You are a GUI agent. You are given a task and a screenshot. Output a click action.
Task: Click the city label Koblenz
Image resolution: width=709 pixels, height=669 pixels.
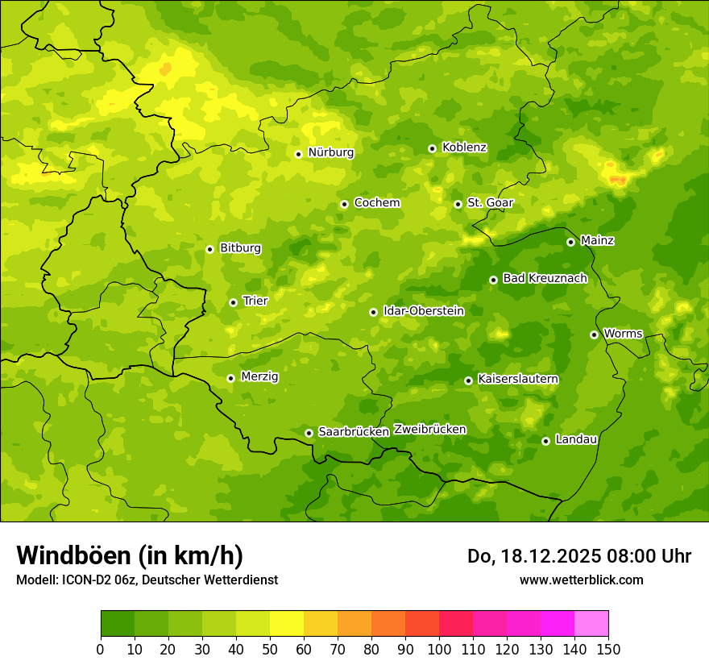[x=464, y=148]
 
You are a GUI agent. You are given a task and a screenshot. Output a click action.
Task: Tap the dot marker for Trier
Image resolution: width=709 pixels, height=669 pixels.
[x=233, y=302]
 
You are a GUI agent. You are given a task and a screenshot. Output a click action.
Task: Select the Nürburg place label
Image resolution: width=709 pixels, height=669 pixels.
[x=330, y=152]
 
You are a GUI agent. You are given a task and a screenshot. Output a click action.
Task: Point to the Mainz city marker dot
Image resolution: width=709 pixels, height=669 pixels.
[x=570, y=242]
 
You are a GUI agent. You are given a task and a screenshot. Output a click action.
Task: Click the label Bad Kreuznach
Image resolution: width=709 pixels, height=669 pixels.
[x=545, y=278]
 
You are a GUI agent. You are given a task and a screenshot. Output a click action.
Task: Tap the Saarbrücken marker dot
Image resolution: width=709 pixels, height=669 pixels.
[x=309, y=433]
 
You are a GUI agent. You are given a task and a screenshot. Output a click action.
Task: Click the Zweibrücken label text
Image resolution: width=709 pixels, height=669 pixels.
[x=429, y=430]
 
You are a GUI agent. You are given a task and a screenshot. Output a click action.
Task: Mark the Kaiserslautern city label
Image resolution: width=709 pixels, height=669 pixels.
[x=518, y=379]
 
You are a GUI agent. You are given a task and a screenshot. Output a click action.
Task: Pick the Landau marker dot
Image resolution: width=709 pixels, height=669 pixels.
[x=545, y=441]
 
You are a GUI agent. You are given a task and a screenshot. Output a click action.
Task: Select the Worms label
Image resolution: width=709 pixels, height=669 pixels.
[x=623, y=334]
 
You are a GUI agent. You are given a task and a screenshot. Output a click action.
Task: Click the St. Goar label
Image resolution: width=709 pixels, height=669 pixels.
[x=490, y=203]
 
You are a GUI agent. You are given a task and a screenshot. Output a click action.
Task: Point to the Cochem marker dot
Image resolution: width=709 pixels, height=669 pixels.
[x=344, y=204]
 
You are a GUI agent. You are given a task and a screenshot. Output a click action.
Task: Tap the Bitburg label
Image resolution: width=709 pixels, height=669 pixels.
[x=240, y=248]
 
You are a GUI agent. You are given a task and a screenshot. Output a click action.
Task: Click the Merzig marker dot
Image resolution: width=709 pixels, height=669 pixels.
[x=230, y=378]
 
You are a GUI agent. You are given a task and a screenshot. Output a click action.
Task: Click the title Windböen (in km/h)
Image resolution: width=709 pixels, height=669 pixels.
[x=130, y=555]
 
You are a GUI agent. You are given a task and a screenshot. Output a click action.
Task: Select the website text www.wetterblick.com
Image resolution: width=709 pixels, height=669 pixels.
[x=581, y=580]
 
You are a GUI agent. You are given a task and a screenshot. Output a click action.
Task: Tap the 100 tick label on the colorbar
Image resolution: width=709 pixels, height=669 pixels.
[x=439, y=649]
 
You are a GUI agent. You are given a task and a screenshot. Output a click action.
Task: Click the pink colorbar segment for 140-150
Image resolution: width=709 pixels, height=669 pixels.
[x=591, y=624]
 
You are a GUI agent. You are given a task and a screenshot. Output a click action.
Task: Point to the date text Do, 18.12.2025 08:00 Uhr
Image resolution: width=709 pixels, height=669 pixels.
[x=579, y=556]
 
